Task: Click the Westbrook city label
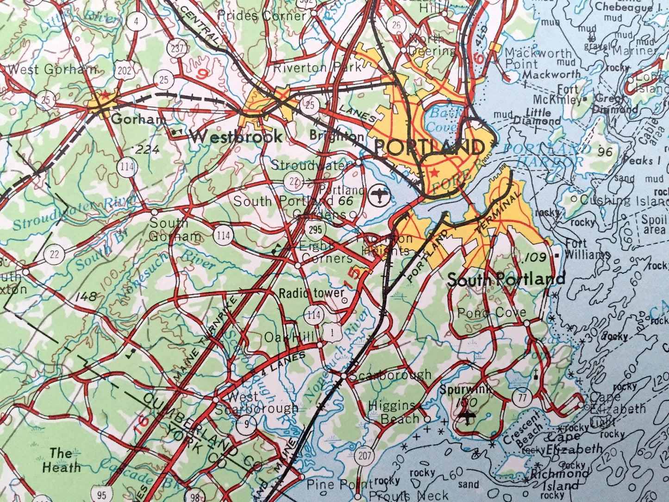pyautogui.click(x=236, y=136)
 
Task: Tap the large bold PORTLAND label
pyautogui.click(x=429, y=148)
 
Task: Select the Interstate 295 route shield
pyautogui.click(x=315, y=229)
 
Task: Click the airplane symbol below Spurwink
pyautogui.click(x=468, y=416)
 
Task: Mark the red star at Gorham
pyautogui.click(x=105, y=95)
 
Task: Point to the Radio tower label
pyautogui.click(x=312, y=293)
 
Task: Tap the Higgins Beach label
pyautogui.click(x=392, y=412)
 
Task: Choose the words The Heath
pyautogui.click(x=61, y=460)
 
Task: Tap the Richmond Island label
pyautogui.click(x=560, y=480)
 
